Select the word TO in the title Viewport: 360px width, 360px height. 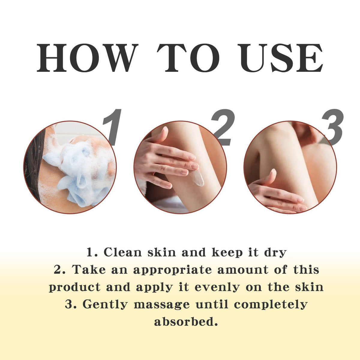[188, 58]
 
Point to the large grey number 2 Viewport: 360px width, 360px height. [223, 127]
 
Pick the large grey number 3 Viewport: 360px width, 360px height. [332, 127]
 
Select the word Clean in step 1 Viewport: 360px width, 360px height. [123, 252]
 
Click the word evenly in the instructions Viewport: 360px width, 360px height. [217, 288]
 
